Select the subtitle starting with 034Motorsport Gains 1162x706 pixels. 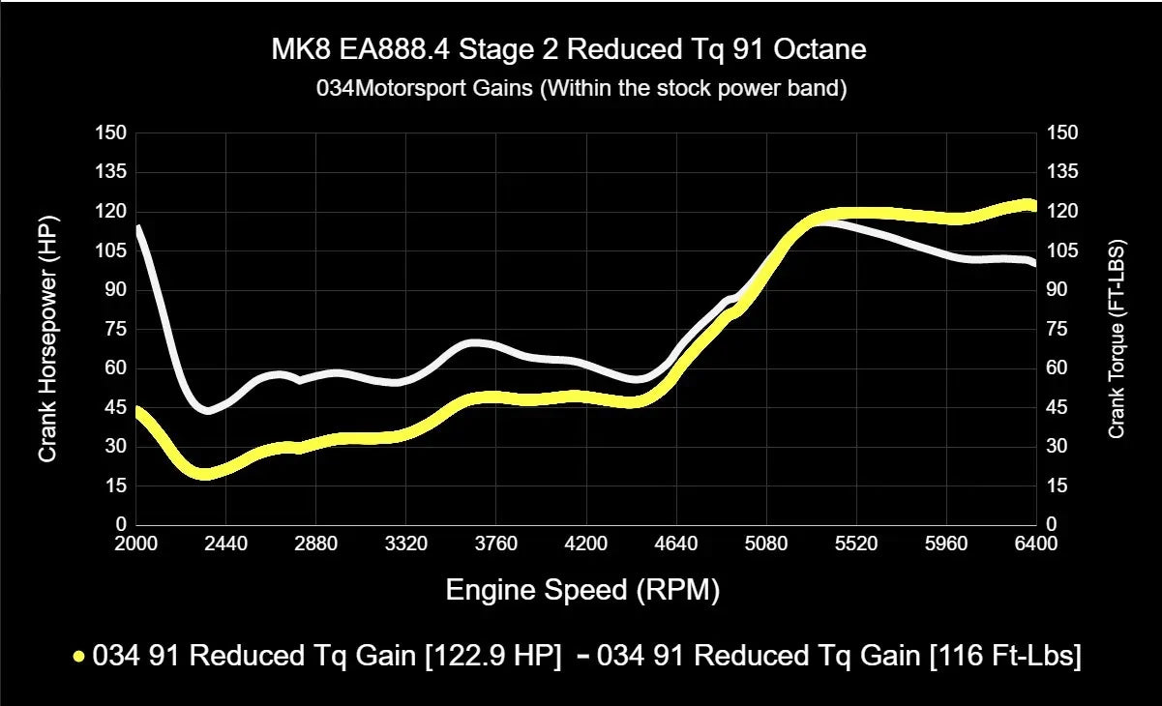[581, 89]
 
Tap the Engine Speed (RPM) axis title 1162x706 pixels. [582, 590]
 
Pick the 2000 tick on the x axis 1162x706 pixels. [136, 544]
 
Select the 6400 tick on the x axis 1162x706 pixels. [1036, 544]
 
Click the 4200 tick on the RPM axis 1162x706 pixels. [586, 544]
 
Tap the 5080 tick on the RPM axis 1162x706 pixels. [766, 544]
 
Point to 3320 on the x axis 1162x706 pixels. [406, 544]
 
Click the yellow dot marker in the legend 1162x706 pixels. [79, 657]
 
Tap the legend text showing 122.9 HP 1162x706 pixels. [326, 657]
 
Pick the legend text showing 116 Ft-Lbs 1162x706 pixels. [840, 657]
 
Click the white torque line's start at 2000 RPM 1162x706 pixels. [138, 229]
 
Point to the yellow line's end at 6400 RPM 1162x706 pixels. [1033, 206]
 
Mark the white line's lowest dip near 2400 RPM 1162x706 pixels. [207, 410]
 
